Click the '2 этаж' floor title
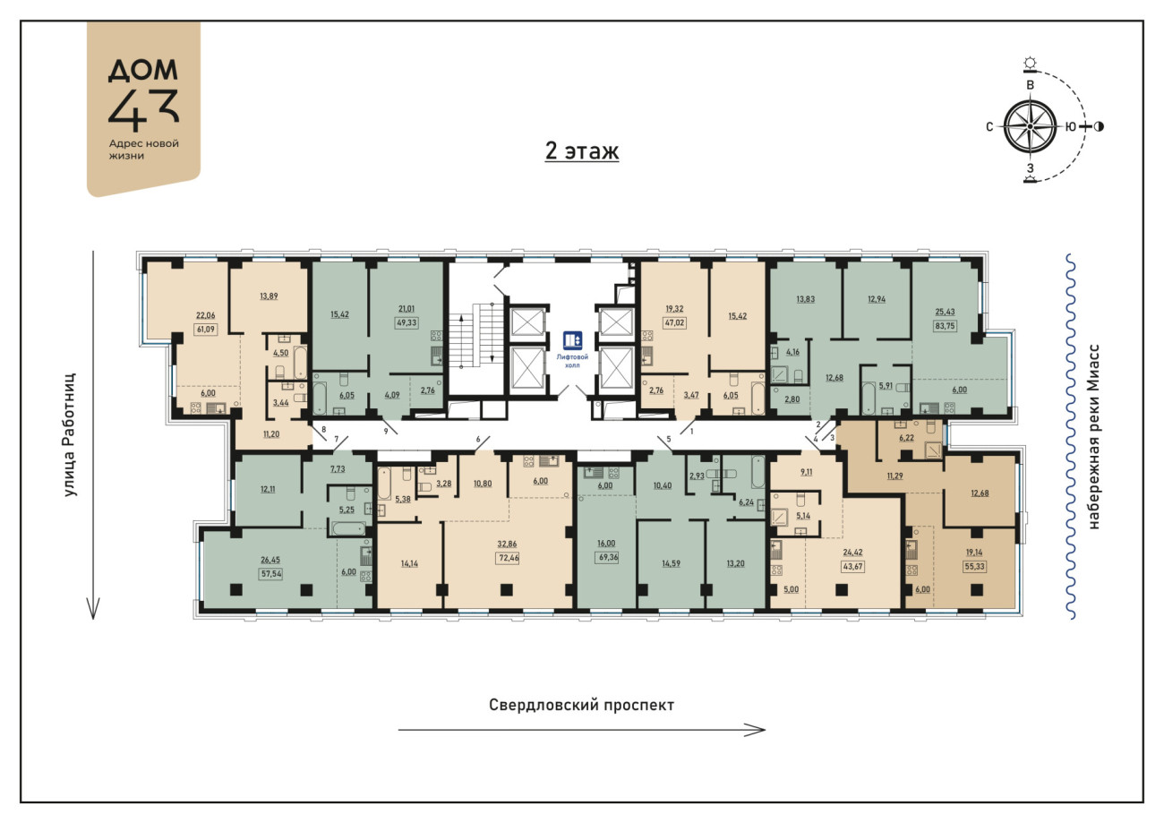[x=581, y=150]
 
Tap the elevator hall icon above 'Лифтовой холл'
[x=572, y=339]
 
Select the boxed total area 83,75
[x=945, y=326]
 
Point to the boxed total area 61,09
[x=205, y=329]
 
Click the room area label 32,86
[x=507, y=544]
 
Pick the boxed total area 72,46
[x=508, y=558]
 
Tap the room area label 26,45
[x=270, y=560]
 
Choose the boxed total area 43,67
[x=852, y=566]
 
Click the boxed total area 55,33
[x=974, y=566]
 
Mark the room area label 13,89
[x=269, y=296]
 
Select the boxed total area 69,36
[x=606, y=558]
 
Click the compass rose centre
[x=1030, y=127]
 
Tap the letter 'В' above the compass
[x=1030, y=85]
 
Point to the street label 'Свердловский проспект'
[x=581, y=705]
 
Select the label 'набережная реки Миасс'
[x=1093, y=436]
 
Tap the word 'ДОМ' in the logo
[x=143, y=70]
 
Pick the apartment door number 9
[x=386, y=431]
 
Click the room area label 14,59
[x=671, y=563]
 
